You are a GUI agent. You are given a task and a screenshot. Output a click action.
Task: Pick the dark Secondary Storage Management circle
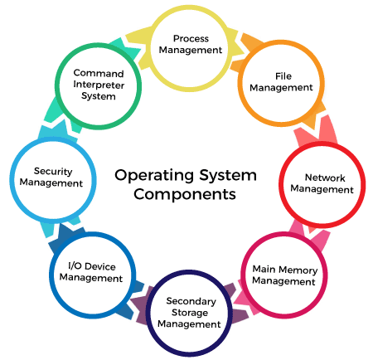click(x=191, y=312)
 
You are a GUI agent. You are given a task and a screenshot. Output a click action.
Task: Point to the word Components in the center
click(x=186, y=195)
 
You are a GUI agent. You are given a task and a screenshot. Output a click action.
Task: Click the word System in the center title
click(x=223, y=176)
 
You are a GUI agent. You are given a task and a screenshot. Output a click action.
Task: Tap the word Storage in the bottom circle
click(x=191, y=312)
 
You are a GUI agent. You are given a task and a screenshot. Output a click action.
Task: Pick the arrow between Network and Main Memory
click(x=312, y=236)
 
